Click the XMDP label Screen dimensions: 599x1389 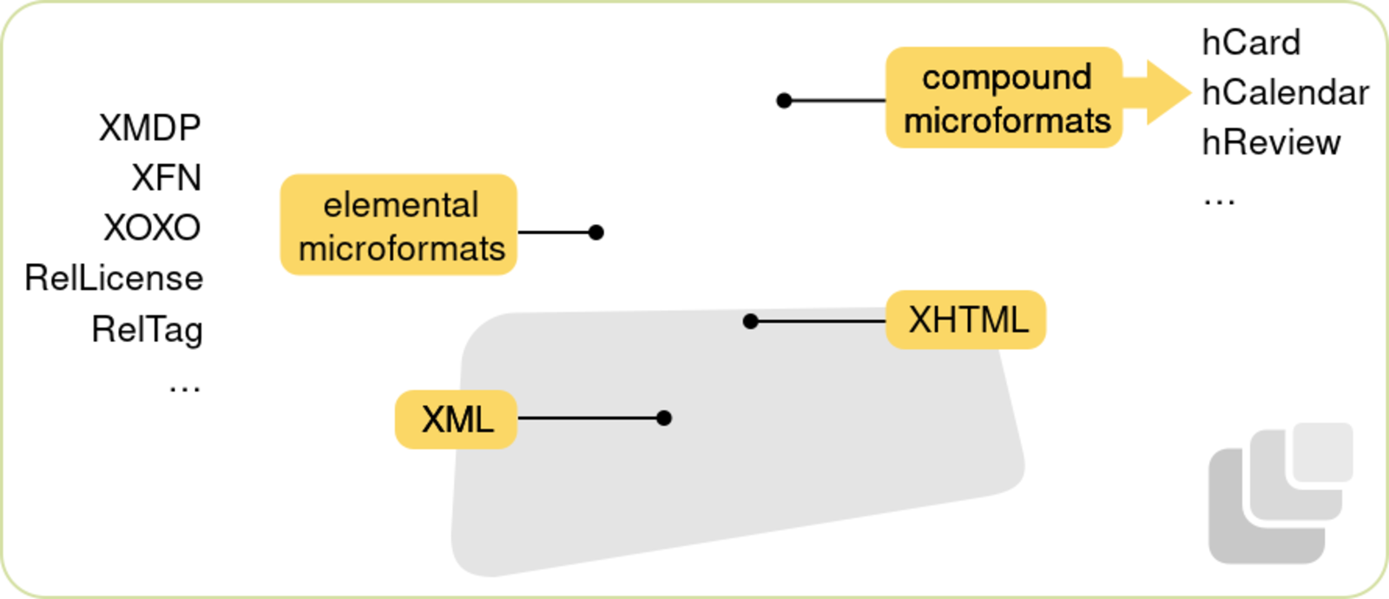[149, 128]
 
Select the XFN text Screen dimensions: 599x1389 [166, 178]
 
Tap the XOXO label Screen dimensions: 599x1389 [152, 228]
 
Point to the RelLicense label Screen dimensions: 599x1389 [114, 279]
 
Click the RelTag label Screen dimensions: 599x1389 [147, 330]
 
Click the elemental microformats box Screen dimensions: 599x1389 [399, 226]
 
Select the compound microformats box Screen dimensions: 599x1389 [1004, 98]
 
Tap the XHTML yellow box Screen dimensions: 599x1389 [966, 320]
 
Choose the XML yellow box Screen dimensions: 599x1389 [457, 420]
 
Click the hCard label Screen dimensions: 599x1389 [1251, 43]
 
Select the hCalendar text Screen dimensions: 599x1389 [1285, 92]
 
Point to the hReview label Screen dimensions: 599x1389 [1270, 142]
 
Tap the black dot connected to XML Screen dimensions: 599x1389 [664, 418]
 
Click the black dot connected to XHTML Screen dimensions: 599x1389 [751, 322]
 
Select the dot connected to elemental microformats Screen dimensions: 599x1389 [596, 233]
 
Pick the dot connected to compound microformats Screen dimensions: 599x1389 [784, 101]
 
